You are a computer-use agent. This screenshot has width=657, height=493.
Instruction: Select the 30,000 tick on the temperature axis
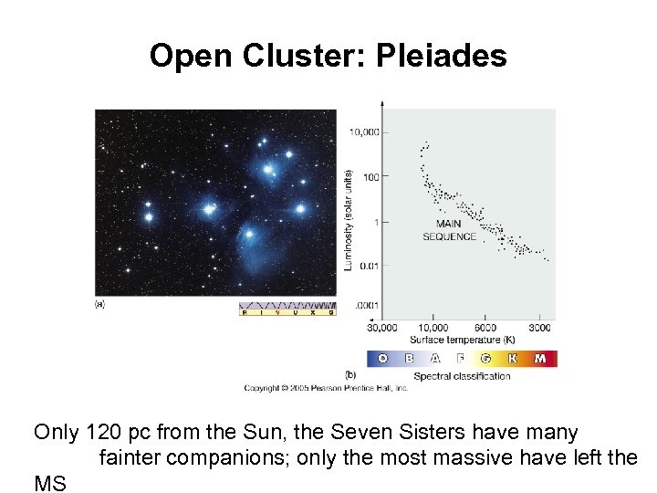(x=381, y=327)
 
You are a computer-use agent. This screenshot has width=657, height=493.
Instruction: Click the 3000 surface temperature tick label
(x=539, y=327)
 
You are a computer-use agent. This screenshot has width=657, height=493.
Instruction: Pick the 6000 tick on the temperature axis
(x=486, y=327)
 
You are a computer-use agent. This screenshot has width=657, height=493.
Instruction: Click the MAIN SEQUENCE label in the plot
(x=449, y=230)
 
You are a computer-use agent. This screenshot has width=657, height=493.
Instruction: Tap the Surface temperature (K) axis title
(x=462, y=339)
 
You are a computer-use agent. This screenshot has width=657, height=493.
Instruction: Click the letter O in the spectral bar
(x=382, y=359)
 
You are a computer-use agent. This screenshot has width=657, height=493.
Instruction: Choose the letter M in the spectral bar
(x=540, y=359)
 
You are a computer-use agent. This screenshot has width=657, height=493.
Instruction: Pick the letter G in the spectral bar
(x=486, y=359)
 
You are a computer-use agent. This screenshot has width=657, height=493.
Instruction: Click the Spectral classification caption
(x=462, y=376)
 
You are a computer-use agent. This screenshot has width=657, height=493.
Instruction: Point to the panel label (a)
(x=99, y=304)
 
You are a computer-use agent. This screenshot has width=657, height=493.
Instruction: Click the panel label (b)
(x=350, y=374)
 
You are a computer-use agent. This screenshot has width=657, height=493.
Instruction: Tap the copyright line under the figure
(x=325, y=388)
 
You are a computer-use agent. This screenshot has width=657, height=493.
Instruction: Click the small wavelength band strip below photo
(x=287, y=309)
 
